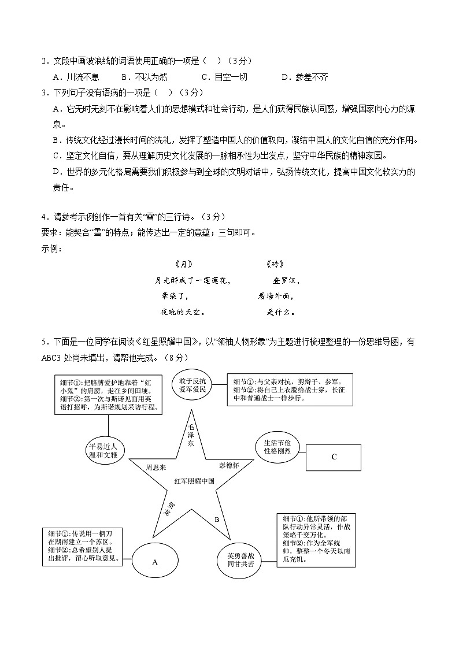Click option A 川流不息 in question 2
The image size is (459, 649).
click(x=76, y=77)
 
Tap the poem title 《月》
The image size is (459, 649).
click(x=183, y=264)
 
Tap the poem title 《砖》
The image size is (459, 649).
click(x=276, y=264)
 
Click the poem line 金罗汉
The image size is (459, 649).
click(x=286, y=281)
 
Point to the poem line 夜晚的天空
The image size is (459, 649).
click(x=183, y=312)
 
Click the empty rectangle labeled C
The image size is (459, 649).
click(x=334, y=457)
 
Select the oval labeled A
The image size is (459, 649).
click(x=154, y=561)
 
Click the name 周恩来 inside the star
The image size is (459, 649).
click(x=156, y=465)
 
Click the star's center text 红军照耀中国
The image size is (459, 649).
click(x=194, y=480)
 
